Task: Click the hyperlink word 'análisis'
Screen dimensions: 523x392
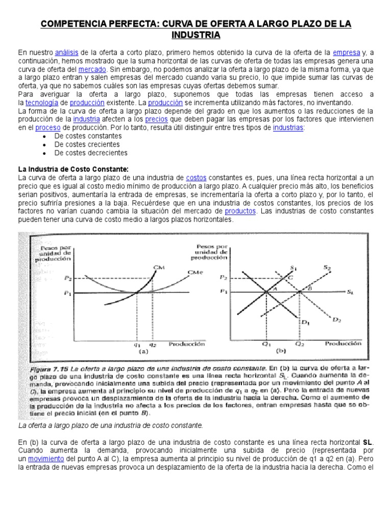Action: pos(66,52)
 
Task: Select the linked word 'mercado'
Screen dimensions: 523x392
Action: pos(92,68)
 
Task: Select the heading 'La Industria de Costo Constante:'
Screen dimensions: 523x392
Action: pos(73,169)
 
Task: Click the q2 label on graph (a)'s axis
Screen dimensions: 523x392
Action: pos(152,344)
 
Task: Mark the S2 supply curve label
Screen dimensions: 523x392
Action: pos(327,267)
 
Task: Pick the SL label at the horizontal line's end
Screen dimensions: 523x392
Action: pos(350,292)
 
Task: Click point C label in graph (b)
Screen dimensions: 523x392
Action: pos(290,276)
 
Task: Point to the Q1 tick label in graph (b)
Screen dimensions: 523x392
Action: pos(266,344)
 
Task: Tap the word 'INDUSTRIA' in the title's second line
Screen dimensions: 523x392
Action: pos(196,35)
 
